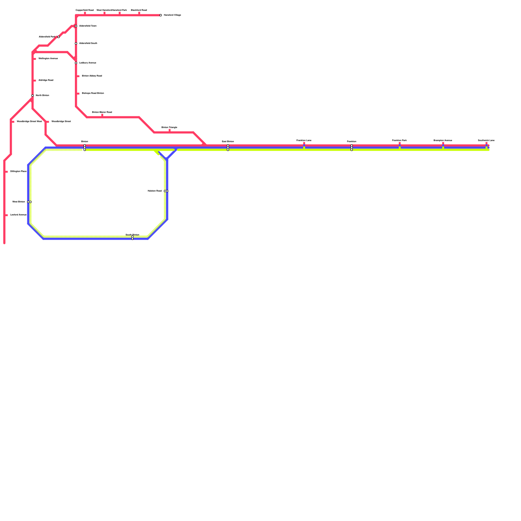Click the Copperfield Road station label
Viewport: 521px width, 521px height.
click(x=84, y=10)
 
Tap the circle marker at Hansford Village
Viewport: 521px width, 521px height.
click(x=161, y=15)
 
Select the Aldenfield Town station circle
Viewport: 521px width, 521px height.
click(x=76, y=26)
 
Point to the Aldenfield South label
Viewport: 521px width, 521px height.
click(x=88, y=43)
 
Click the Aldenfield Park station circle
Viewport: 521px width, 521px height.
click(x=59, y=37)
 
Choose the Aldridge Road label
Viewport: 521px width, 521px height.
click(x=46, y=80)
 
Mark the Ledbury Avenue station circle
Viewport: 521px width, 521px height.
click(x=76, y=63)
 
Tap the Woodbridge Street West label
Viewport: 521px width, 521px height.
click(x=29, y=121)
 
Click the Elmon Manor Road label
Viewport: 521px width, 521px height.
click(x=102, y=112)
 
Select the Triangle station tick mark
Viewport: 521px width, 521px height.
click(x=169, y=131)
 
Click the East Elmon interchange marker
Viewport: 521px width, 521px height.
click(x=228, y=148)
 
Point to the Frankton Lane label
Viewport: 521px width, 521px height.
click(x=304, y=141)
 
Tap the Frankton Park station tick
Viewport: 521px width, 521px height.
click(x=400, y=144)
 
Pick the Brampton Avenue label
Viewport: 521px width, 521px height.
click(x=443, y=141)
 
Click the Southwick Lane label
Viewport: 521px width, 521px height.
click(x=486, y=141)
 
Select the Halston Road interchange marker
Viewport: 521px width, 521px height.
click(x=166, y=191)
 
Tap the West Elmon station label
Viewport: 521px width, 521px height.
click(x=19, y=202)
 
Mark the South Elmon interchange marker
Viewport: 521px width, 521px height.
click(x=133, y=238)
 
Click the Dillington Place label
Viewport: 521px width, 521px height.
click(x=18, y=171)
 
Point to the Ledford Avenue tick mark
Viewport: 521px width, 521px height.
click(x=7, y=215)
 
